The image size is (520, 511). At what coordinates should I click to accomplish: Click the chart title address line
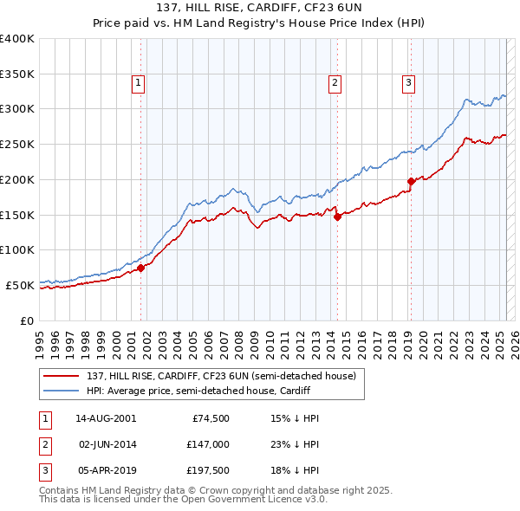[x=260, y=10]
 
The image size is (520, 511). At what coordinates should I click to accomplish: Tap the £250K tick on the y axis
[x=17, y=144]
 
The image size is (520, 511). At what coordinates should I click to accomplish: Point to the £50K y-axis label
[x=20, y=285]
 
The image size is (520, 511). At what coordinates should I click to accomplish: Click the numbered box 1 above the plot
[x=139, y=83]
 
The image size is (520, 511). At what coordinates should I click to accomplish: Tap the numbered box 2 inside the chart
[x=335, y=83]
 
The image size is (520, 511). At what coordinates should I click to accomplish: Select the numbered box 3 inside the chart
[x=408, y=83]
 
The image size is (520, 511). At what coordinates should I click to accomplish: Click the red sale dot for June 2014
[x=337, y=217]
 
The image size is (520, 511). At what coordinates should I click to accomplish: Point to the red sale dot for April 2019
[x=411, y=181]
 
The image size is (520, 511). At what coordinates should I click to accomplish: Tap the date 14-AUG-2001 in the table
[x=106, y=418]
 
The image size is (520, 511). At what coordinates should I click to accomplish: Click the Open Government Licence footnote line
[x=185, y=500]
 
